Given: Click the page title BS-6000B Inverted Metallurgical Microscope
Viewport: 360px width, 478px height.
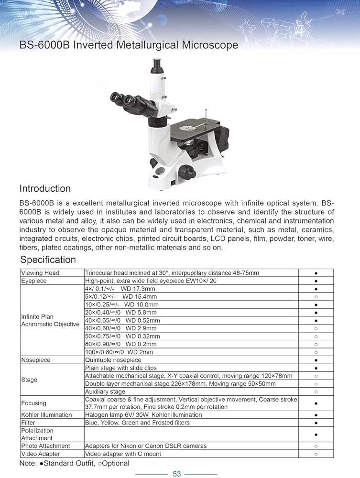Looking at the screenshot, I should (x=128, y=45).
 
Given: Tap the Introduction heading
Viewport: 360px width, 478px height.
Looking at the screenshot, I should (x=45, y=188).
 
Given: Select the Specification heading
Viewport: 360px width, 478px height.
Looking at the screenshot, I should (x=48, y=260).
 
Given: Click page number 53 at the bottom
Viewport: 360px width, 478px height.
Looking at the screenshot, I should (x=177, y=473).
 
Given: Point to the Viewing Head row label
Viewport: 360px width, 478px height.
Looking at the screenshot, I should (x=40, y=273).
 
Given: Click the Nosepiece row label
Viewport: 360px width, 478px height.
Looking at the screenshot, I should (x=36, y=359).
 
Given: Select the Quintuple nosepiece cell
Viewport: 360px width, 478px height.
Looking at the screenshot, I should (x=113, y=359).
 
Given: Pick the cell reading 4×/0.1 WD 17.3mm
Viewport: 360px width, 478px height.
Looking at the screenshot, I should (x=120, y=289).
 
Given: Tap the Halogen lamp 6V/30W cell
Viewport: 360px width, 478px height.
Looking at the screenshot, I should (x=143, y=414).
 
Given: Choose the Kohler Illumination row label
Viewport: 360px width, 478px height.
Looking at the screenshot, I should (x=46, y=414).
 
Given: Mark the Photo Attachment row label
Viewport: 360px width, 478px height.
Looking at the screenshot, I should (x=45, y=446).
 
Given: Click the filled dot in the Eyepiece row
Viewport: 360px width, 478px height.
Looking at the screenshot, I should (x=316, y=281).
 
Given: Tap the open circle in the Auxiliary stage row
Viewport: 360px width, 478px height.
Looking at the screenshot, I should (x=316, y=391).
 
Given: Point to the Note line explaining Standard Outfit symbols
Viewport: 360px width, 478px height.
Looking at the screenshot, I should (x=75, y=463).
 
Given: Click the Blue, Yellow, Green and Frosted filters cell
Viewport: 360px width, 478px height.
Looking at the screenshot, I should (x=137, y=423).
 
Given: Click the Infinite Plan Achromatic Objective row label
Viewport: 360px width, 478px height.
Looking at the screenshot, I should (x=50, y=320).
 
